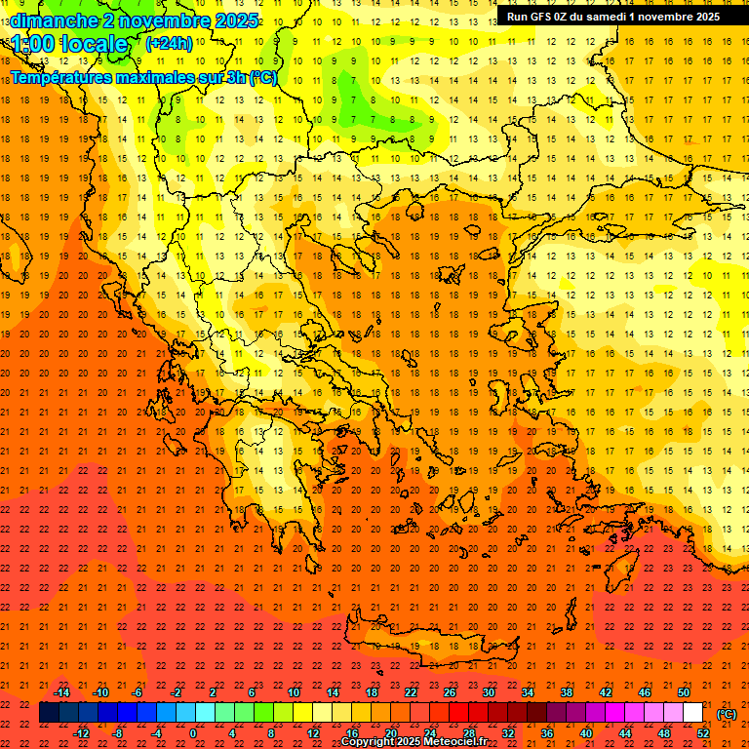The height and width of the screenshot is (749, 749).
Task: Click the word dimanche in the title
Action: point(53,20)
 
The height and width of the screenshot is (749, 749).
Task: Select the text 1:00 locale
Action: point(69,44)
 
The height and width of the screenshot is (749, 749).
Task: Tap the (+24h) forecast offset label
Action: point(169,43)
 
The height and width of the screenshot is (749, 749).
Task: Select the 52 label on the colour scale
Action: point(702,733)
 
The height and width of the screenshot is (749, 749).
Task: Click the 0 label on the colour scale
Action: point(192,733)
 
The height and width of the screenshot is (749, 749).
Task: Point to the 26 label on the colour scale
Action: point(449,692)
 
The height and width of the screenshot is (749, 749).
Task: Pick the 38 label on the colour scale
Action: point(566,692)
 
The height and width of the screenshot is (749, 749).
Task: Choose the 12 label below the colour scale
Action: point(314,733)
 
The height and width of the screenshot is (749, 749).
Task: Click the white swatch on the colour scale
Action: point(692,713)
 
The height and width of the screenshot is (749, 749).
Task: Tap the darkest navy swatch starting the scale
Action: point(49,713)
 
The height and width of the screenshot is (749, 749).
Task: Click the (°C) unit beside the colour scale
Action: point(727,714)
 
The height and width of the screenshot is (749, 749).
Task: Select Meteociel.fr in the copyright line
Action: point(450,742)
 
